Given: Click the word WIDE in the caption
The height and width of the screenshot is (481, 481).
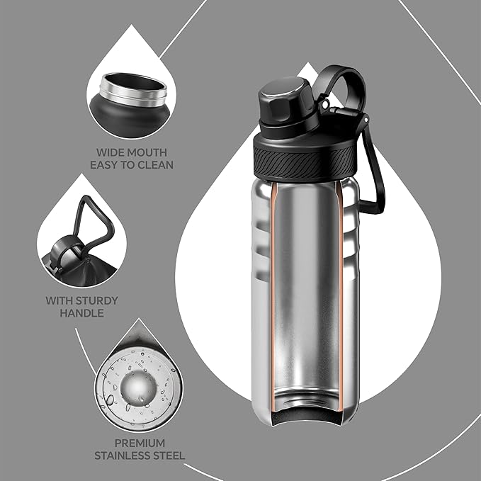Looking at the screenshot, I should click(x=112, y=152).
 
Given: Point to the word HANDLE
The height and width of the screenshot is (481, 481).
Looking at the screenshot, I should click(x=82, y=313).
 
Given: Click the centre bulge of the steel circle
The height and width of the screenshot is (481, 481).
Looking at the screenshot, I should click(x=139, y=386).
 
